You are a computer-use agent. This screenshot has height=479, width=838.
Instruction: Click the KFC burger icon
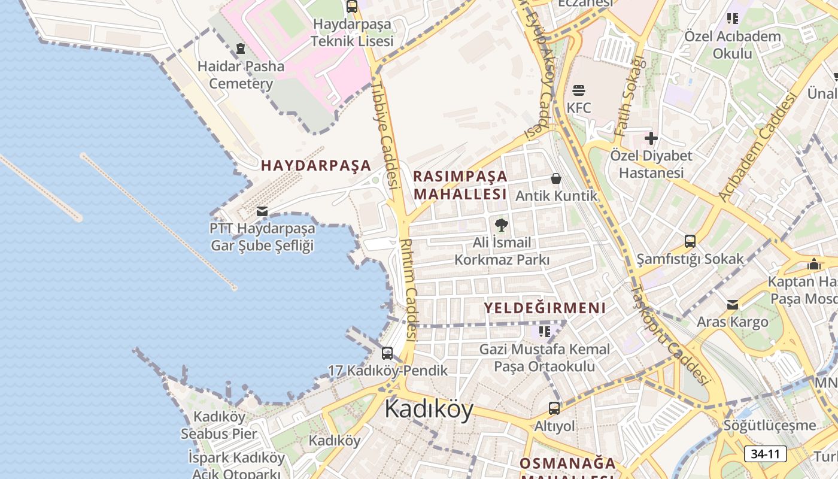click(x=579, y=91)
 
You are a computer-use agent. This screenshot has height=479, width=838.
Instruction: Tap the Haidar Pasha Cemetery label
click(x=241, y=75)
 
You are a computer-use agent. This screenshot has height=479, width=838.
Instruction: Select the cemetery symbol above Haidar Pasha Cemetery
click(x=241, y=48)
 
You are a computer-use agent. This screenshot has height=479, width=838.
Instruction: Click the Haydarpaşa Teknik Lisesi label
click(x=352, y=33)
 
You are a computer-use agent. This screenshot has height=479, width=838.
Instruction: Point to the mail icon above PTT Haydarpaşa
click(x=262, y=211)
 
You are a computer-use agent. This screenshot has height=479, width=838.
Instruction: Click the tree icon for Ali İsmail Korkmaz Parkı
click(x=502, y=225)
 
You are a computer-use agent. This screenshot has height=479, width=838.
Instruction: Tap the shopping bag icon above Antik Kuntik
click(x=556, y=178)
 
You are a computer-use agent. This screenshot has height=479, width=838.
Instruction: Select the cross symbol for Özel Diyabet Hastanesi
click(x=651, y=139)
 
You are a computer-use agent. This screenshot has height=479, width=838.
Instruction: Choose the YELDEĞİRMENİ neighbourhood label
click(x=545, y=308)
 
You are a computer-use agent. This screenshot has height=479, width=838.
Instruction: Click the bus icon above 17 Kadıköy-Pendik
click(x=387, y=353)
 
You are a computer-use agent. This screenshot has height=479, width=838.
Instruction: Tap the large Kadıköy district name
click(x=429, y=408)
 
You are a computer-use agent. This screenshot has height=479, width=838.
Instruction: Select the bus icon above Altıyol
click(x=554, y=408)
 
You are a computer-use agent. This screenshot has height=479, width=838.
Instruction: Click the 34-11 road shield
click(x=766, y=454)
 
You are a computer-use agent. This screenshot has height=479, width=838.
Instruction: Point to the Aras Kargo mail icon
click(x=733, y=305)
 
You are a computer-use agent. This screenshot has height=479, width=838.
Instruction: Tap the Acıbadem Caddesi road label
click(x=757, y=147)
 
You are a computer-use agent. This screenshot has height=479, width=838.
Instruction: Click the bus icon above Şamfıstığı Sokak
click(x=690, y=241)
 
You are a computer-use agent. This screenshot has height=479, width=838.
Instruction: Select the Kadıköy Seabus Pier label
click(x=219, y=425)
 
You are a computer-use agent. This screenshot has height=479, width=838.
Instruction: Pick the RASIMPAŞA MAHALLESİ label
click(x=460, y=185)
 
